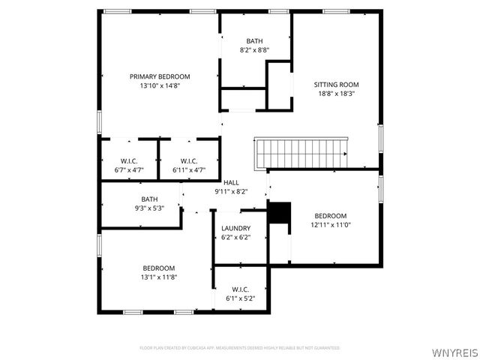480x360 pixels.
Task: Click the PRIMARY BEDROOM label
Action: (160, 76)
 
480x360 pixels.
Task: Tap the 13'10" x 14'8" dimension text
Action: (160, 85)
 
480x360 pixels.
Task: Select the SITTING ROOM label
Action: (336, 85)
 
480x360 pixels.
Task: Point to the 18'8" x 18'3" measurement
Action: (336, 94)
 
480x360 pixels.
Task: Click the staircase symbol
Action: (301, 152)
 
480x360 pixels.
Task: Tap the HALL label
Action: (231, 182)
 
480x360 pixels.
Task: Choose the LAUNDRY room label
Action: (235, 228)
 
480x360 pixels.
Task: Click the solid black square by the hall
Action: (278, 213)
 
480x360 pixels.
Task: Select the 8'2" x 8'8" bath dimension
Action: (254, 50)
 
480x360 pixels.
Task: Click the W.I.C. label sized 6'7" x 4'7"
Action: (129, 161)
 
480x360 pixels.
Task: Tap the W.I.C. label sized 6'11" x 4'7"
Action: (189, 161)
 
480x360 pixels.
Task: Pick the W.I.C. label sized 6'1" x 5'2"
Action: (241, 289)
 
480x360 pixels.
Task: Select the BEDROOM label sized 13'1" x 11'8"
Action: (159, 268)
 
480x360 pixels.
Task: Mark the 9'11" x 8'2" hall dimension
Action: (231, 191)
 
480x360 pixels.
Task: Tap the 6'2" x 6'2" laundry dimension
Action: (235, 237)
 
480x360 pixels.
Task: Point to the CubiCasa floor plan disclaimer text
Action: (240, 348)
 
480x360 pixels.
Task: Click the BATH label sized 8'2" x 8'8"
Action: (254, 41)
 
